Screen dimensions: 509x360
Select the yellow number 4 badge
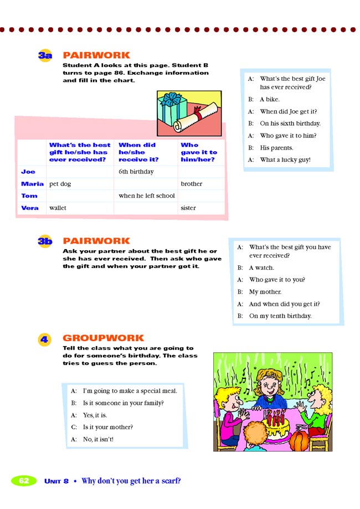tap(45, 338)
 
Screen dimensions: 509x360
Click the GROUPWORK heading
tap(103, 338)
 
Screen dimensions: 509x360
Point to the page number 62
tap(24, 481)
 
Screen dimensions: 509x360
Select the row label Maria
tap(32, 184)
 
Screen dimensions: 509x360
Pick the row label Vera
tap(29, 208)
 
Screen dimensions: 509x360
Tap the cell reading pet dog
tap(60, 184)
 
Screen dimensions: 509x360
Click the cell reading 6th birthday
tap(136, 172)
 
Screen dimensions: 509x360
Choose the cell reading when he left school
tap(146, 196)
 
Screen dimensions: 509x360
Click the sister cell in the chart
tap(188, 208)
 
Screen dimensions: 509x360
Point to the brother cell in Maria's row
tap(192, 184)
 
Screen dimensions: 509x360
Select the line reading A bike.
tap(270, 100)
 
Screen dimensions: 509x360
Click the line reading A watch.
tap(261, 268)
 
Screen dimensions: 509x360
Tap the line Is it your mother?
tap(108, 427)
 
